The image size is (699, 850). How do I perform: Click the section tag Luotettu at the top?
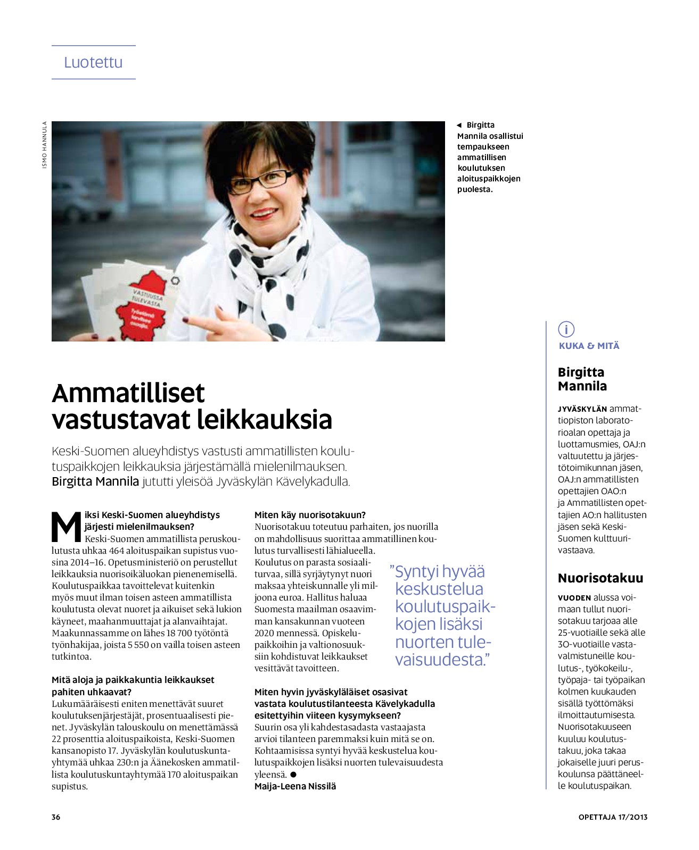click(x=93, y=62)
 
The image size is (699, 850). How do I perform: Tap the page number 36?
click(x=56, y=817)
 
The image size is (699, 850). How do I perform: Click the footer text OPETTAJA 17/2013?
click(x=613, y=817)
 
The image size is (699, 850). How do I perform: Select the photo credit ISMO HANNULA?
click(x=45, y=145)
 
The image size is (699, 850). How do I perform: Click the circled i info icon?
click(x=566, y=329)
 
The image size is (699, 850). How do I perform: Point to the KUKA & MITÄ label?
click(x=589, y=346)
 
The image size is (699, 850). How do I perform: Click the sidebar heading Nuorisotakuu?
click(x=600, y=578)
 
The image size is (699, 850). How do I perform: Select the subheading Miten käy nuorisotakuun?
click(x=310, y=515)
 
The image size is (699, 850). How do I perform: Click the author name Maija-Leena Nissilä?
click(x=295, y=786)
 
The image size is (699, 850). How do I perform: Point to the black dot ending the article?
click(x=293, y=774)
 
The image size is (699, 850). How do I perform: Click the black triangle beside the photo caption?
click(x=459, y=126)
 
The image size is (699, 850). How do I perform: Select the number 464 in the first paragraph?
click(x=117, y=551)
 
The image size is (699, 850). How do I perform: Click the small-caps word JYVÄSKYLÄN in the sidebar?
click(x=582, y=409)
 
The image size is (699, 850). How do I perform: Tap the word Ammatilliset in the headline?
click(x=128, y=394)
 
